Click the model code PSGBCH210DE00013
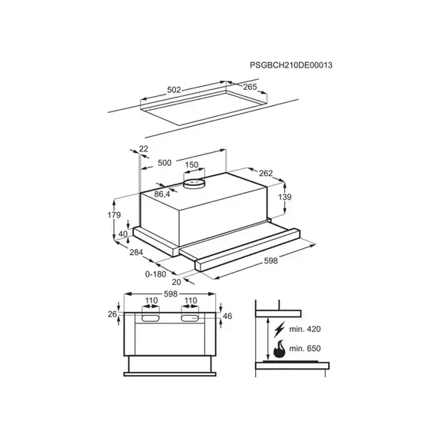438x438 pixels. [x=291, y=65]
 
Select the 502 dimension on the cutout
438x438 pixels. [x=174, y=90]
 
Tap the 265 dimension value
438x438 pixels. [x=250, y=87]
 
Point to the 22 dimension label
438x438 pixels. [x=143, y=148]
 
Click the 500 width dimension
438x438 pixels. [x=164, y=163]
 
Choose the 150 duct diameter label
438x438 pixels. [x=191, y=164]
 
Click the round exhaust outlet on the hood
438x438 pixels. [x=194, y=183]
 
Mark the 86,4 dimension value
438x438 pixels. [x=162, y=194]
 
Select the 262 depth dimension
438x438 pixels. [x=266, y=173]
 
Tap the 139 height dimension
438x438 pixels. [x=284, y=197]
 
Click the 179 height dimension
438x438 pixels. [x=114, y=215]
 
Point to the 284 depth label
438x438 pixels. [x=136, y=252]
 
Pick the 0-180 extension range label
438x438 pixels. [x=155, y=274]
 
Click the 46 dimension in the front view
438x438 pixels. [x=227, y=316]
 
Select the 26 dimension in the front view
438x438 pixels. [x=112, y=314]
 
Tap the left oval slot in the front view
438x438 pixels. [x=151, y=318]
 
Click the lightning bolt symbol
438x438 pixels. [x=280, y=330]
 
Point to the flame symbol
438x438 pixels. [x=279, y=349]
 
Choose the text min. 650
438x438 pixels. [x=305, y=348]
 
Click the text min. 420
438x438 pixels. [x=305, y=329]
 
